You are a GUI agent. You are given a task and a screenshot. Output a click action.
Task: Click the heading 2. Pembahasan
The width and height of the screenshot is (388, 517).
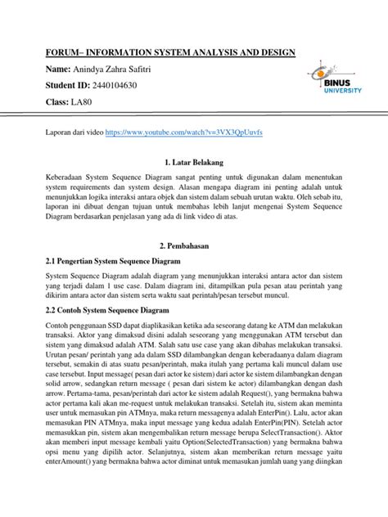(x=194, y=245)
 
